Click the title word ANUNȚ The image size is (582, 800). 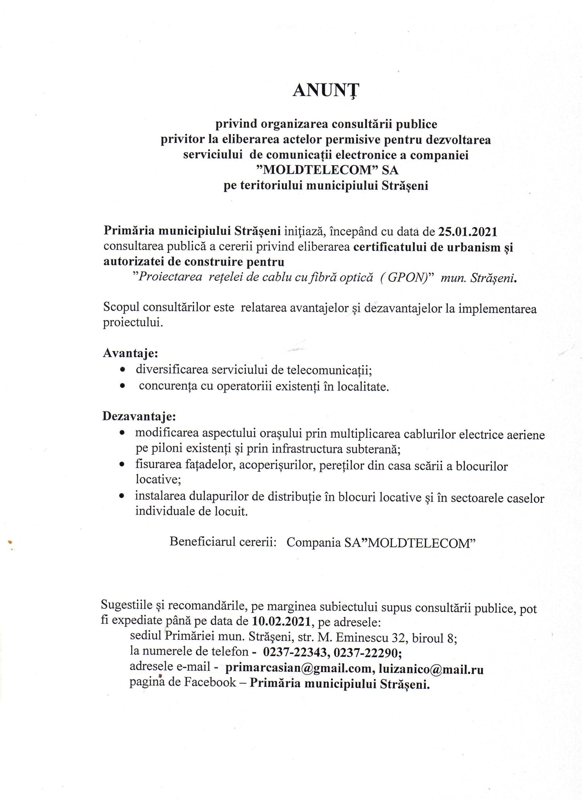click(326, 90)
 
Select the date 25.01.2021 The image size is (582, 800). click(468, 232)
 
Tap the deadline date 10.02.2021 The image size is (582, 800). click(281, 622)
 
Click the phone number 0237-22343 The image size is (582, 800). click(296, 653)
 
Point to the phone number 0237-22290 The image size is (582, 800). click(366, 653)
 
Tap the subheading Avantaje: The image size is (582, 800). click(130, 353)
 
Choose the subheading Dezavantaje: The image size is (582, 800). click(139, 416)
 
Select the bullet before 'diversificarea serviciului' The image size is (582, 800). click(123, 370)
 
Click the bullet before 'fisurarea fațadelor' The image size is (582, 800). click(122, 464)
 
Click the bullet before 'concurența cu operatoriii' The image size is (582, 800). click(123, 386)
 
